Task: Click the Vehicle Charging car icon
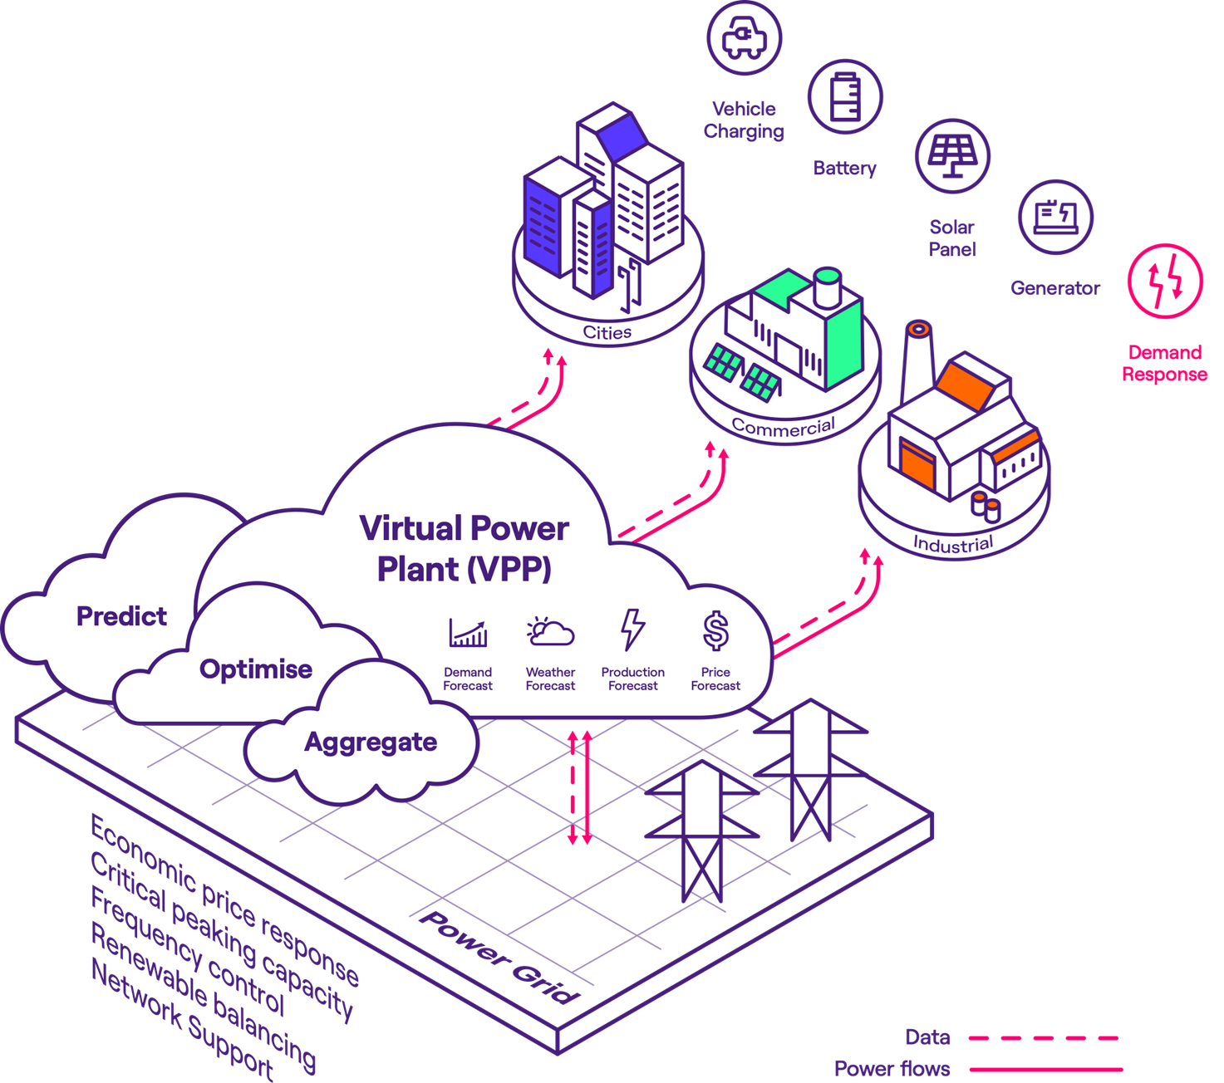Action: pyautogui.click(x=745, y=37)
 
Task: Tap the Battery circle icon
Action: pyautogui.click(x=845, y=96)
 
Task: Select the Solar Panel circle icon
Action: pyautogui.click(x=953, y=156)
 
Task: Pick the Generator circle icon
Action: pyautogui.click(x=1056, y=217)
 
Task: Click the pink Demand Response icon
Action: pyautogui.click(x=1165, y=281)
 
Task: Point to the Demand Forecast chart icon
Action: pyautogui.click(x=468, y=633)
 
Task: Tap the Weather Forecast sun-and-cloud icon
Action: pyautogui.click(x=550, y=633)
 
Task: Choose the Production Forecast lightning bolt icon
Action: pyautogui.click(x=633, y=630)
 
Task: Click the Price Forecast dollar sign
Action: pyautogui.click(x=715, y=630)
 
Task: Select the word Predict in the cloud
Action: pyautogui.click(x=121, y=616)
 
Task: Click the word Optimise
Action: pyautogui.click(x=256, y=669)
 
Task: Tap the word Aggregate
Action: pyautogui.click(x=371, y=742)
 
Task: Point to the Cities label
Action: pyautogui.click(x=607, y=333)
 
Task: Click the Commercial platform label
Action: pyautogui.click(x=783, y=427)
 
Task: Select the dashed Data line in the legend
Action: pyautogui.click(x=1044, y=1038)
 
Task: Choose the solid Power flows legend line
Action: pyautogui.click(x=1045, y=1069)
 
